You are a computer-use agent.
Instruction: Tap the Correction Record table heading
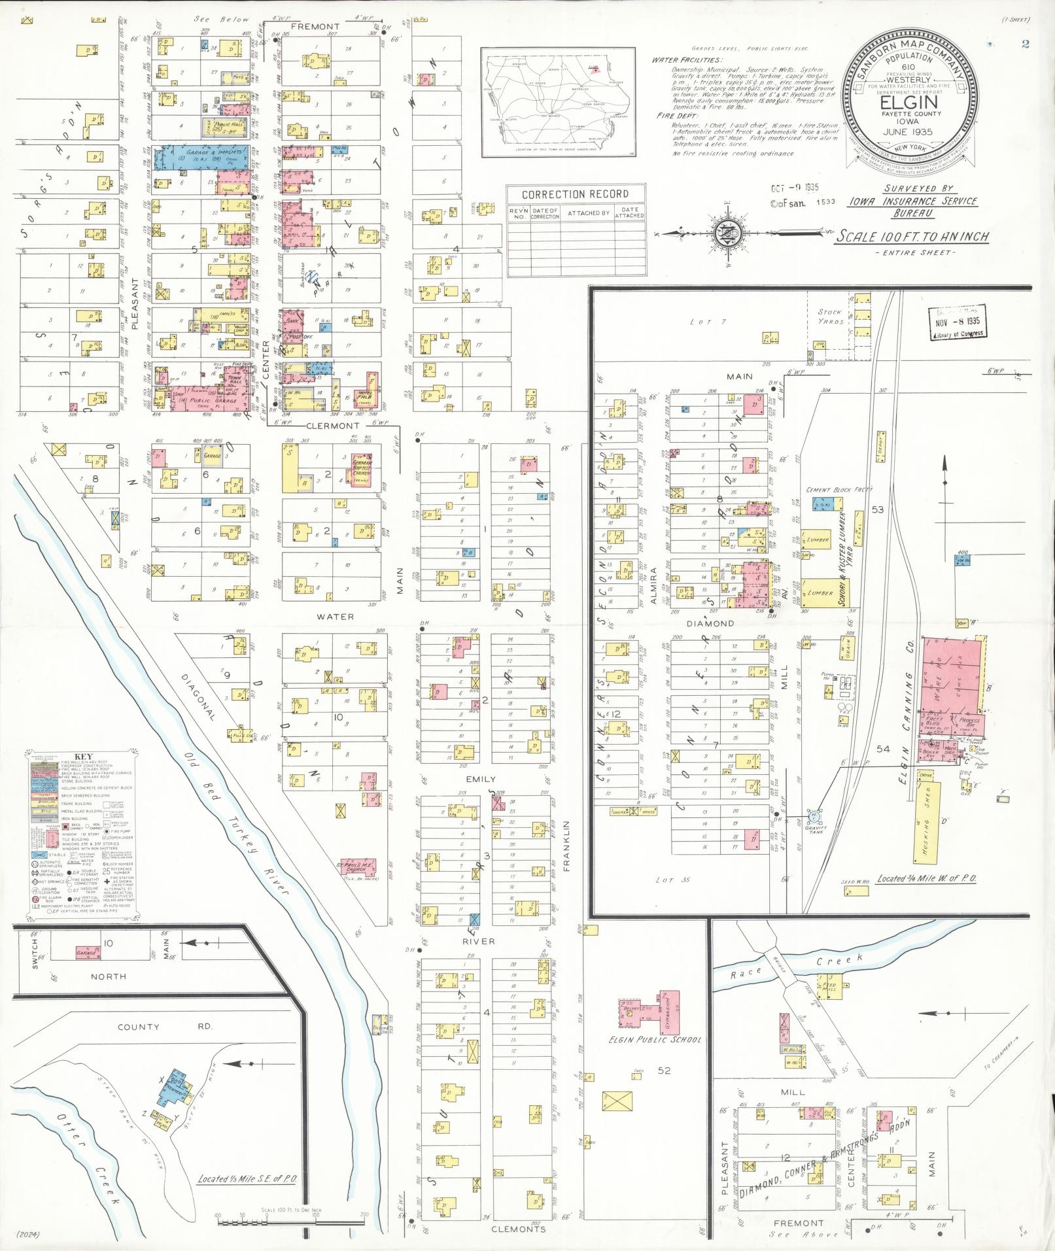pos(576,194)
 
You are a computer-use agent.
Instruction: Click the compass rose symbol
pos(727,233)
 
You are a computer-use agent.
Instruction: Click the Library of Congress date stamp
pos(958,322)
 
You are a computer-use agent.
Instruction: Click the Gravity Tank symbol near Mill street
pos(814,817)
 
